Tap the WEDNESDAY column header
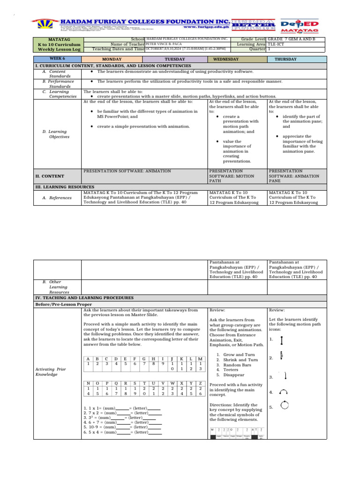(x=226, y=60)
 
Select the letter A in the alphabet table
(x=87, y=359)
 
